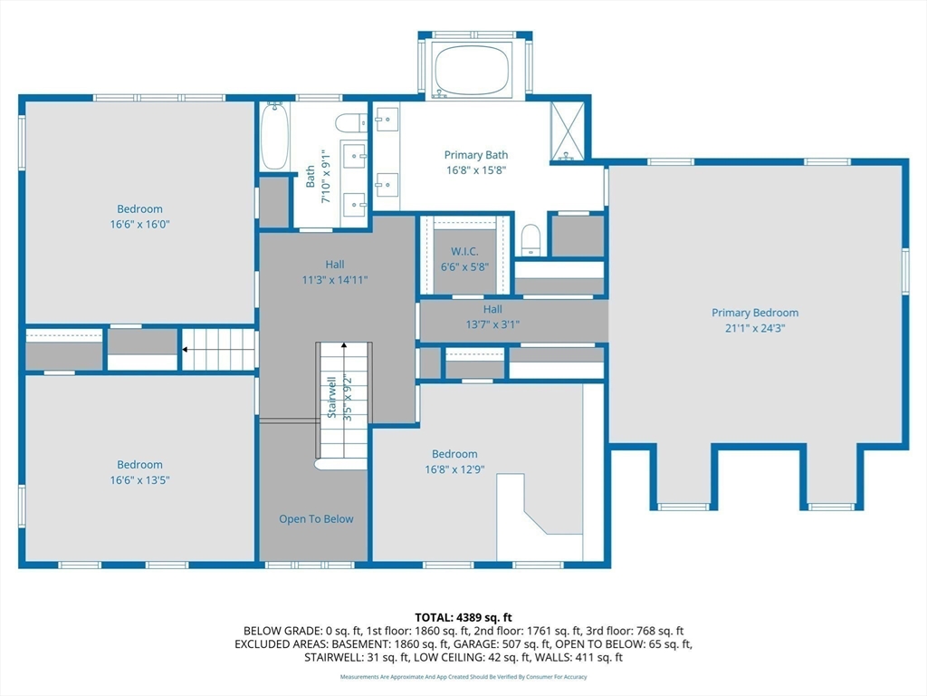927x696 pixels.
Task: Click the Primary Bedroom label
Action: point(754,313)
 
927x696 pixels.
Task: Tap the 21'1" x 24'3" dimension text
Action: point(754,328)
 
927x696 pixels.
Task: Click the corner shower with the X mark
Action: point(569,132)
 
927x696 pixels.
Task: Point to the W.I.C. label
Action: point(465,251)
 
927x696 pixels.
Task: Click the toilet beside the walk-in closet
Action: point(530,240)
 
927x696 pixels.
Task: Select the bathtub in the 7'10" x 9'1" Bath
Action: point(275,136)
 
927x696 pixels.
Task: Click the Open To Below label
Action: point(316,519)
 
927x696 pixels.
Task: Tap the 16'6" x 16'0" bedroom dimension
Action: point(139,224)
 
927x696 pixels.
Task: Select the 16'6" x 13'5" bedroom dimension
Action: point(139,479)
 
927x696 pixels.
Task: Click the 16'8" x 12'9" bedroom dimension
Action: point(454,469)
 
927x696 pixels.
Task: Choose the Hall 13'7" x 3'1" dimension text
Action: point(492,324)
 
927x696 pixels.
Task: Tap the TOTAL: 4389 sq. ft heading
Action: point(463,617)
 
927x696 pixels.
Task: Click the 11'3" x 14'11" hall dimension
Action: point(334,280)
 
